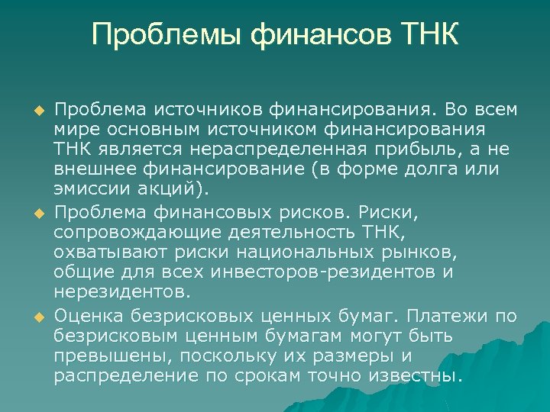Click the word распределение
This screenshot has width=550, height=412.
click(x=125, y=376)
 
